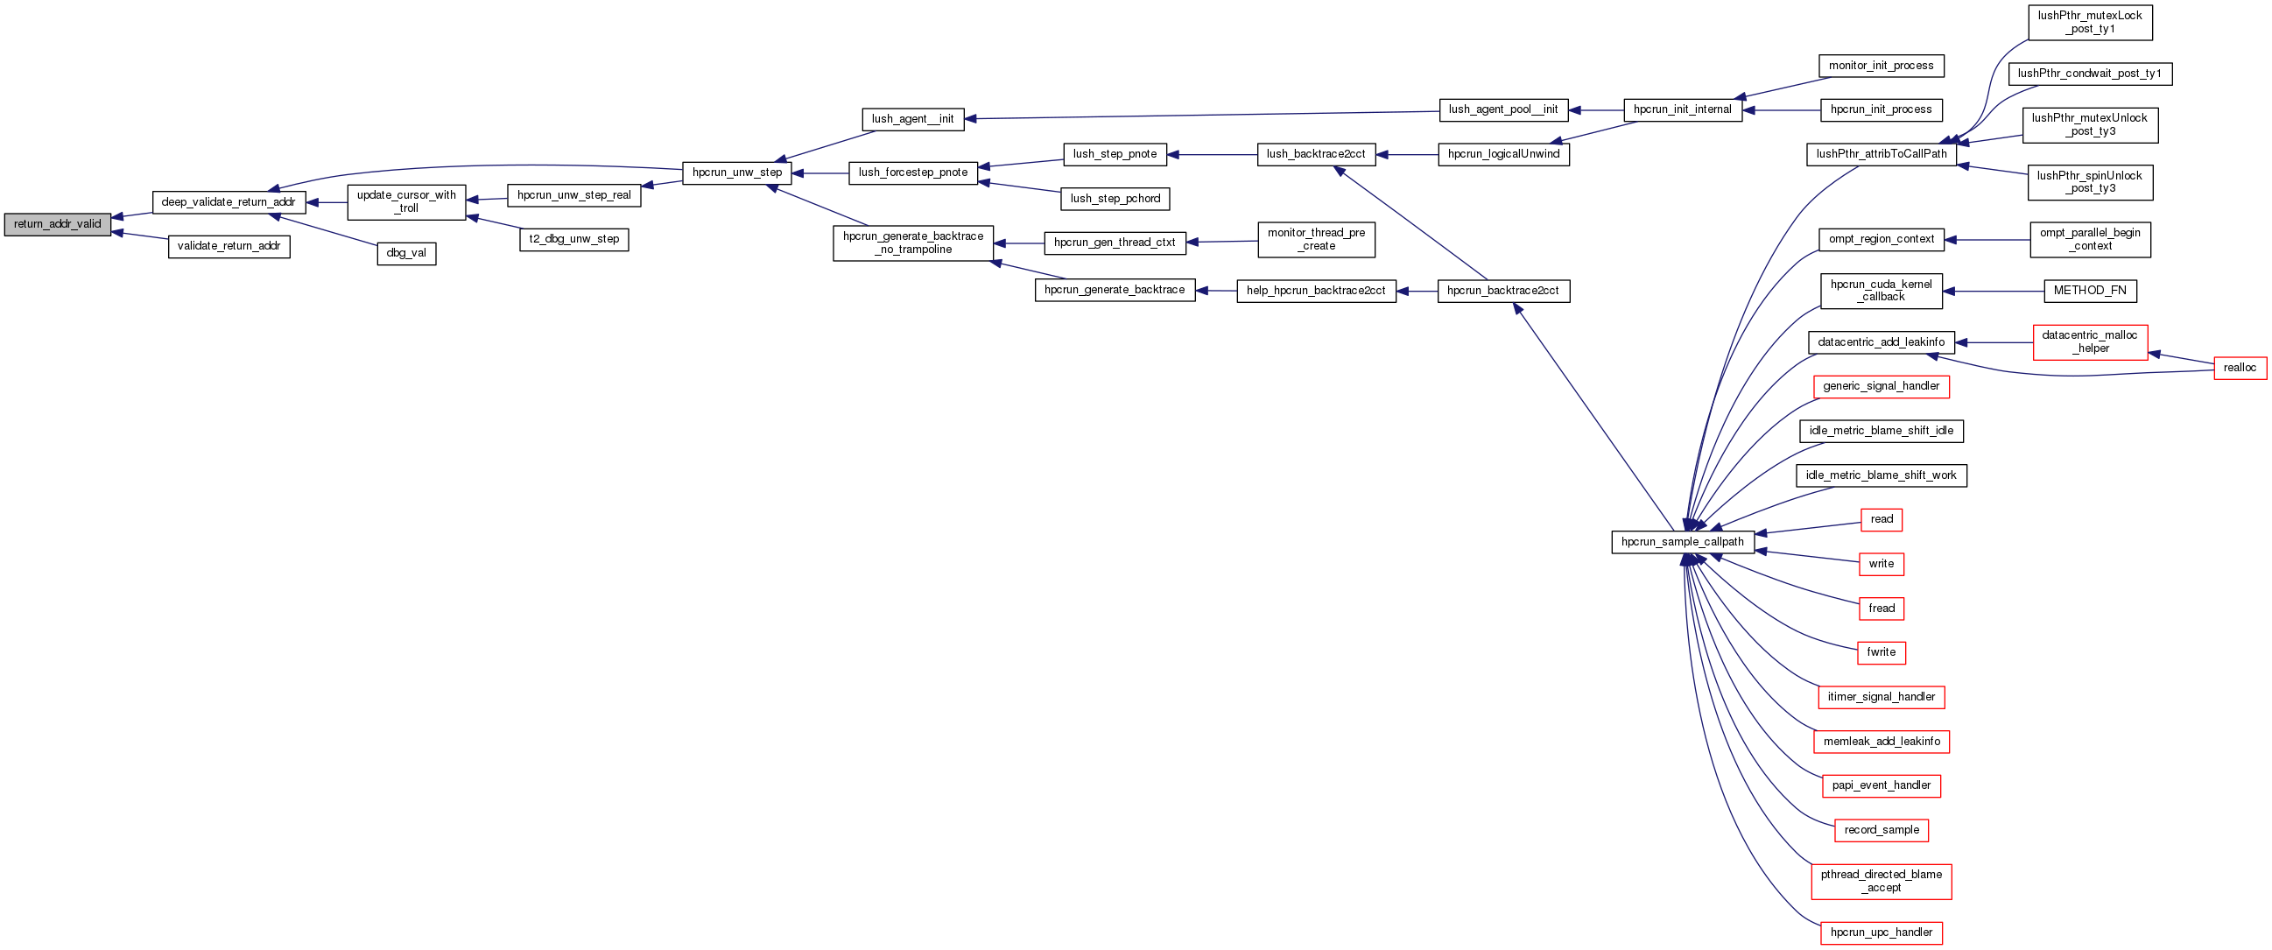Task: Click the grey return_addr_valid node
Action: click(57, 224)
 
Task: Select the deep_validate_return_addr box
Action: click(229, 202)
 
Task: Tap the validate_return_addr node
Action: click(229, 246)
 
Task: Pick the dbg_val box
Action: click(406, 253)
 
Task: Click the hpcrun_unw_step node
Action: click(736, 172)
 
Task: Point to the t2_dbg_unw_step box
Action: click(574, 239)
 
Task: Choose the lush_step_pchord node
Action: click(1115, 200)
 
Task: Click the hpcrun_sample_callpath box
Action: click(1682, 542)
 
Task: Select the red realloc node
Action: click(2240, 368)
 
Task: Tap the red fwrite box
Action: click(1881, 652)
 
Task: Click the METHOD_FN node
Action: click(2089, 290)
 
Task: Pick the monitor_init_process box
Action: click(1881, 67)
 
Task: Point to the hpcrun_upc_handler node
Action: click(1881, 932)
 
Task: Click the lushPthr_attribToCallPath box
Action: click(1881, 154)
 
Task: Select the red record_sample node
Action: click(1881, 830)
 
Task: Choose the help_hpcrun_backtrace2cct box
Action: click(1315, 291)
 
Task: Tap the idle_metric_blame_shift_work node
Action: click(1881, 475)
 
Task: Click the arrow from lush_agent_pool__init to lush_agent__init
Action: click(1199, 115)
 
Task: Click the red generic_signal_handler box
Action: click(1881, 386)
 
